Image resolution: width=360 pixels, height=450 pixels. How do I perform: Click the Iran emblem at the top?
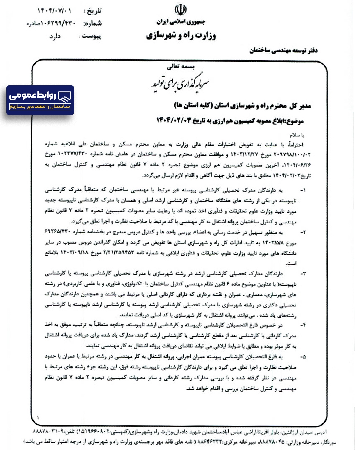tap(180, 10)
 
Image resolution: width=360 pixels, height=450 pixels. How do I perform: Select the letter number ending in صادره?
tap(51, 24)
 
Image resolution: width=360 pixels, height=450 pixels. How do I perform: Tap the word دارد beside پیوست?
tap(55, 36)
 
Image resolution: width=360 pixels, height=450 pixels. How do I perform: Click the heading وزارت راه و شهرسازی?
tap(181, 35)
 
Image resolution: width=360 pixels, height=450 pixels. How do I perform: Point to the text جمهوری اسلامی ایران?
tap(181, 22)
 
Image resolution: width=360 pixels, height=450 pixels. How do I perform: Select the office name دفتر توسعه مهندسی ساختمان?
tap(283, 50)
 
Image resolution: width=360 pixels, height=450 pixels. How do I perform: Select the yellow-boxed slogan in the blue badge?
tap(40, 107)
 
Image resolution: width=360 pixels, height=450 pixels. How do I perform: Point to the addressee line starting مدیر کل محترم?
tap(242, 106)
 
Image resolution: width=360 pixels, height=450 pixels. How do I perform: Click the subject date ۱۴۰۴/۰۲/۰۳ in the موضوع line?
tap(174, 120)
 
